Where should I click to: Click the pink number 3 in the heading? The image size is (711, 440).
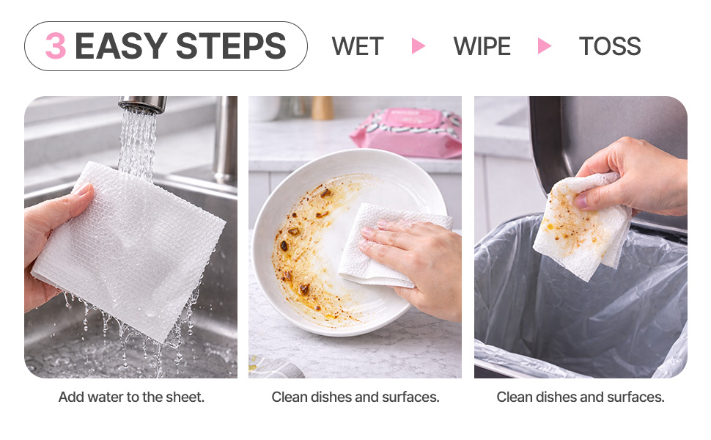pos(56,45)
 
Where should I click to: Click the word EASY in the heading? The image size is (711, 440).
pos(121,45)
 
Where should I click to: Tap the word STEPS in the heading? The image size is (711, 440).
pos(231,45)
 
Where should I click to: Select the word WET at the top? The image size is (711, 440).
pos(358,45)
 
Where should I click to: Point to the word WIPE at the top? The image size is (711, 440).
pos(482,45)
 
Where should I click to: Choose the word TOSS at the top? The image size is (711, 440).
pos(610,45)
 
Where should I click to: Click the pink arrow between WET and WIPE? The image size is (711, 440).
pos(418,45)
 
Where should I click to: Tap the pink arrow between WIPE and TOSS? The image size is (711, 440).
pos(544,45)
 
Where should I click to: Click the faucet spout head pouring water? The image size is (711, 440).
pos(143,104)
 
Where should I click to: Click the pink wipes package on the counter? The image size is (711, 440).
pos(407,133)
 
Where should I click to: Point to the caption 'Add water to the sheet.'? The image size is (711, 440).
pos(131,397)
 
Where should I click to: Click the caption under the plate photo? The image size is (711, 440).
pos(355,397)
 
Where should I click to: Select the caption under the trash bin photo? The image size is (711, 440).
pos(581,397)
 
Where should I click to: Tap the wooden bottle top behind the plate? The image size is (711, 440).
pos(323,108)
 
